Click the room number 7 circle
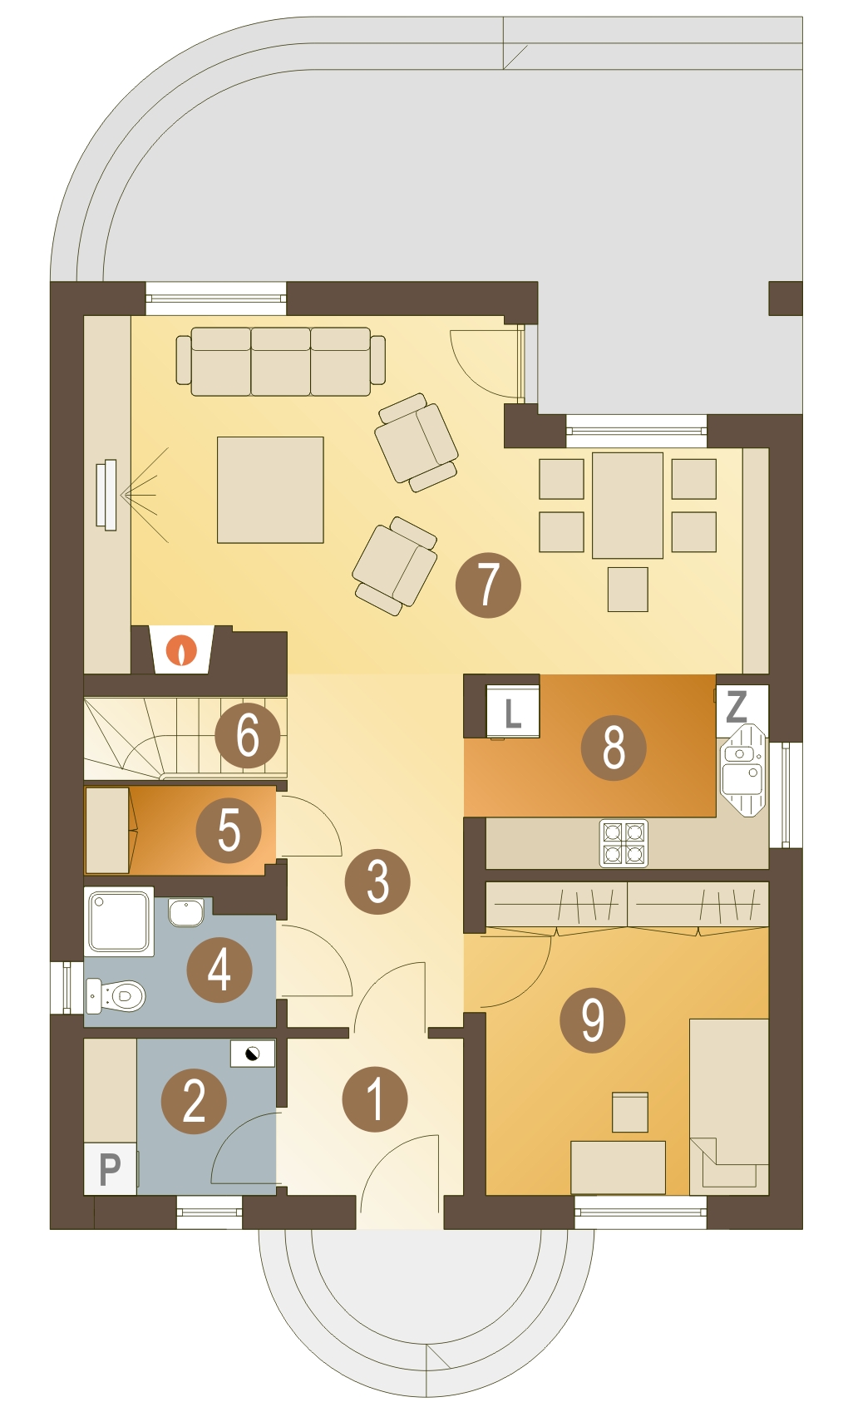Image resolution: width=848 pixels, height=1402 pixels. (488, 585)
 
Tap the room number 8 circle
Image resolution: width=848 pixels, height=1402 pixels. (613, 747)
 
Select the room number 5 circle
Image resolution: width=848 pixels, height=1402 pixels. (229, 830)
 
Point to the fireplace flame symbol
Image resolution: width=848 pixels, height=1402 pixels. (181, 650)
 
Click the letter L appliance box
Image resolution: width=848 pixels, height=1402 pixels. (512, 712)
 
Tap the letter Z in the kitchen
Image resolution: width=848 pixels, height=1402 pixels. (737, 706)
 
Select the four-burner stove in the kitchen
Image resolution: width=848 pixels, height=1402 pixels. (624, 842)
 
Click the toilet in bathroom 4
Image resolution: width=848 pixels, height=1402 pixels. (118, 995)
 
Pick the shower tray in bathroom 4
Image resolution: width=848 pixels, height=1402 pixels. (119, 921)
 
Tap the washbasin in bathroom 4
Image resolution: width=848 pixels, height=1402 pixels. (185, 911)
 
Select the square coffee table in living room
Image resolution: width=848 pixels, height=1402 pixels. (270, 490)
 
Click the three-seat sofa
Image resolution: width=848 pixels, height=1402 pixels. (280, 361)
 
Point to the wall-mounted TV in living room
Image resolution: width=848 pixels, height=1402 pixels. (106, 495)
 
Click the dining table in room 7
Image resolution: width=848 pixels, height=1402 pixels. (628, 505)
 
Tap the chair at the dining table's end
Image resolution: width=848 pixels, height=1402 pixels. (628, 589)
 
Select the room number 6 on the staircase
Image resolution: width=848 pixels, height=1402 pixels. (247, 735)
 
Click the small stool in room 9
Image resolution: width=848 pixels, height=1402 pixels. (629, 1112)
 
